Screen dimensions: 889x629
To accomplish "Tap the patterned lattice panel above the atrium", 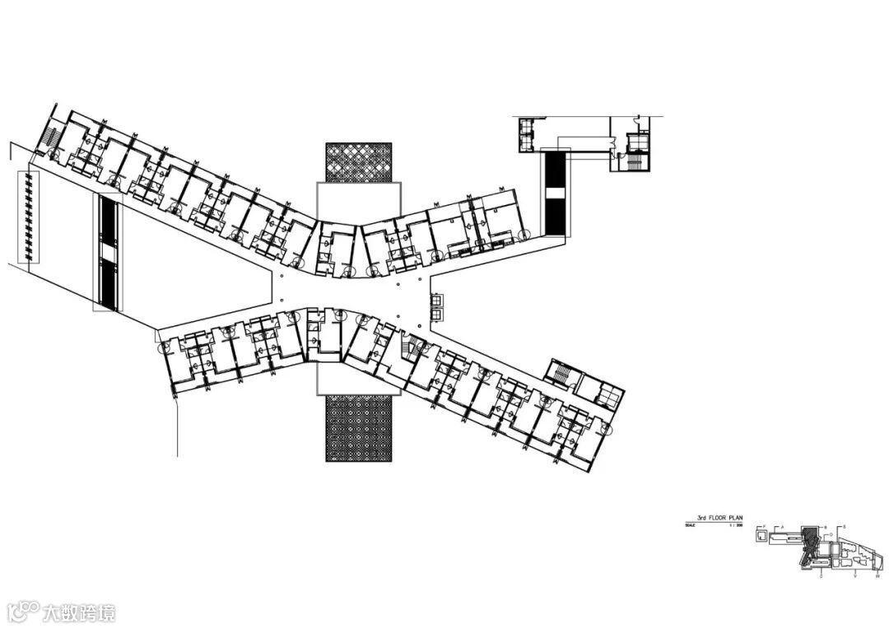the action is click(358, 162).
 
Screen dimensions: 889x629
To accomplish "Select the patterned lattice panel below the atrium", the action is click(358, 427).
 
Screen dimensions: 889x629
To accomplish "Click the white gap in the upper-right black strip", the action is click(556, 193).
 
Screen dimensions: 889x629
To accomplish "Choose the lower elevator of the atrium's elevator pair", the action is click(436, 314).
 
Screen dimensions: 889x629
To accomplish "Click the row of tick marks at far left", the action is click(30, 217).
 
